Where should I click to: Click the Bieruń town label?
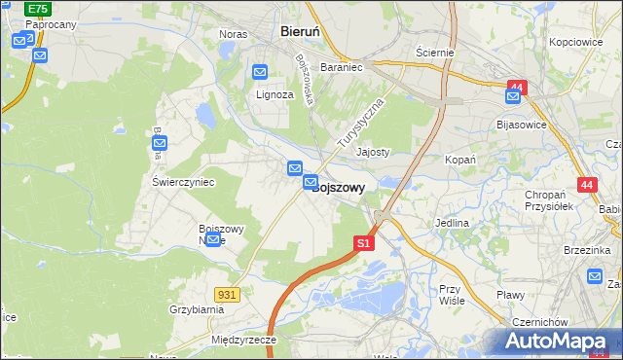[x=300, y=31]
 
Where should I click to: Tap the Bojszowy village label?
[x=338, y=188]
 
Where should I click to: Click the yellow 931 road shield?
[x=227, y=293]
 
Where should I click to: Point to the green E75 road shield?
[x=38, y=8]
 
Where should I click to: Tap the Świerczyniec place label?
[x=183, y=182]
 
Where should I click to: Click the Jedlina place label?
[x=452, y=223]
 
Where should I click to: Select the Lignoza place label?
[x=275, y=94]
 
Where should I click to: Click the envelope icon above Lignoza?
[x=260, y=72]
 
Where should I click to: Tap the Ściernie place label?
[x=434, y=52]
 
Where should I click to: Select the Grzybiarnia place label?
[x=197, y=309]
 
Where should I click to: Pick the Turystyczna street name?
[x=361, y=123]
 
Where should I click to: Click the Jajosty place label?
[x=373, y=152]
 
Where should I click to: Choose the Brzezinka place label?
[x=585, y=250]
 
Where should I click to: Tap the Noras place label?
[x=233, y=34]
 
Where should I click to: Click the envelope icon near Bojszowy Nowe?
[x=213, y=239]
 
